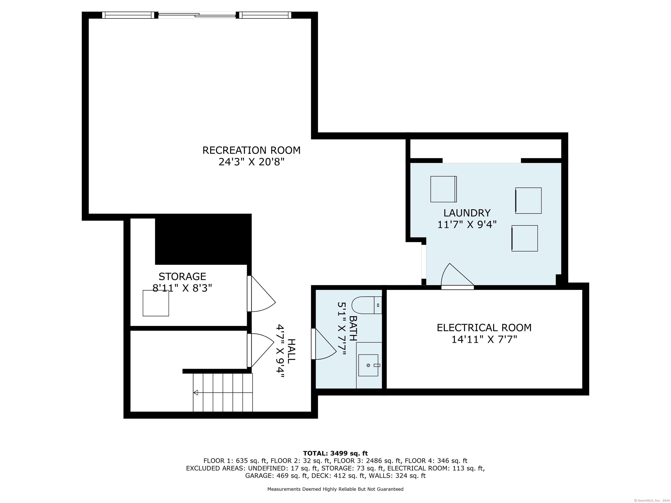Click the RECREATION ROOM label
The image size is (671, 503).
(x=251, y=150)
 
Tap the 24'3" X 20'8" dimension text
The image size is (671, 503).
(x=251, y=162)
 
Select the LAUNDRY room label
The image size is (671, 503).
(x=467, y=213)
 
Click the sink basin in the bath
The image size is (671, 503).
(x=368, y=365)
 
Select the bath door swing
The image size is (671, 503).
(x=325, y=345)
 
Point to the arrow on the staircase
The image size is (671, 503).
(x=196, y=393)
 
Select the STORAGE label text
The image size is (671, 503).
(x=182, y=277)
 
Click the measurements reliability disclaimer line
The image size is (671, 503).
(x=335, y=489)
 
